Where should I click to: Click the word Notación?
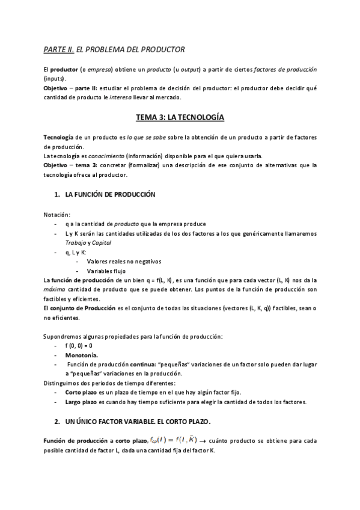coord(56,215)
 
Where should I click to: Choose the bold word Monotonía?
coord(82,355)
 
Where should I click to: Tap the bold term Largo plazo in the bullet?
coord(82,402)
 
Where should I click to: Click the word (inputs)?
coord(55,79)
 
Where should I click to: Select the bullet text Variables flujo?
coord(109,271)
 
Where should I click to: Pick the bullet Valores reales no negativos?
coord(124,262)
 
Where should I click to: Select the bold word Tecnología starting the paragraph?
coord(59,137)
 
